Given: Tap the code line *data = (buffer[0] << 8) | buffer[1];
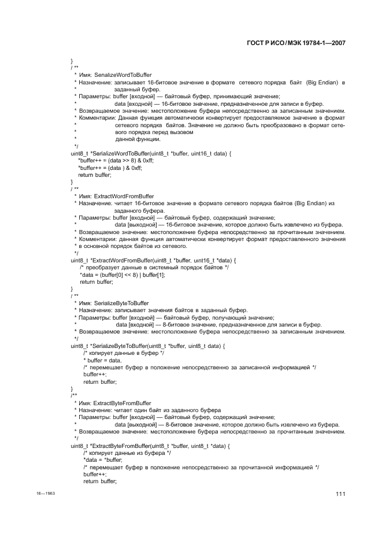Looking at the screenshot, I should (122, 275).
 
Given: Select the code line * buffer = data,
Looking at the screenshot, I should (102, 360).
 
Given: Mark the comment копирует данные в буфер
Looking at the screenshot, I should (124, 353).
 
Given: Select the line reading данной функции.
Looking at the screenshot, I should (138, 139).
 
